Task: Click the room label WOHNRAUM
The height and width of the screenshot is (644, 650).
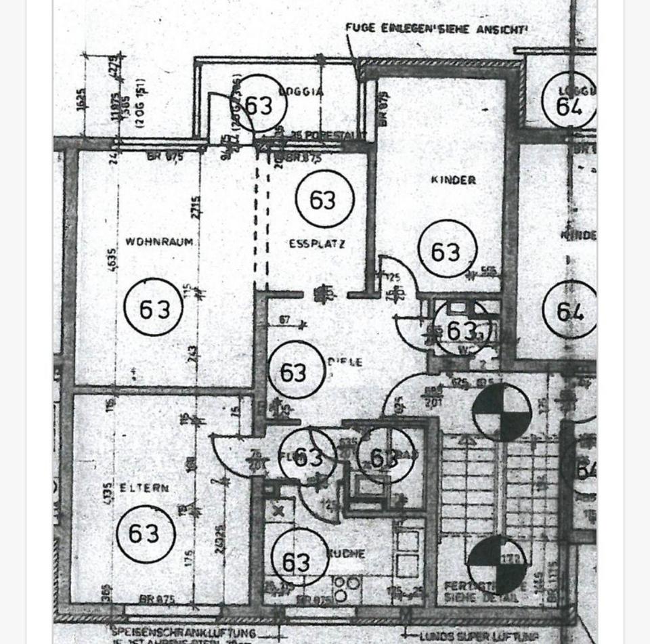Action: [159, 242]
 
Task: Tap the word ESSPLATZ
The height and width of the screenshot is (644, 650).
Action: [317, 244]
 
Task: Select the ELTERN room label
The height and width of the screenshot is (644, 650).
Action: [144, 488]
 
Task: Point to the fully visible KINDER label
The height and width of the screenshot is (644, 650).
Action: [453, 180]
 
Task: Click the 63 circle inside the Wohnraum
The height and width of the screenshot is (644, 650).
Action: [154, 307]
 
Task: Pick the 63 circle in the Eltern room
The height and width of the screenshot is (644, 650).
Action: [146, 534]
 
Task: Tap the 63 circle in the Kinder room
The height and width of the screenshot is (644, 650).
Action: [447, 251]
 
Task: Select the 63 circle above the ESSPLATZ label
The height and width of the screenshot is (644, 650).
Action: [324, 200]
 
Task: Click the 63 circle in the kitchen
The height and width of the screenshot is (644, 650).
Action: [299, 561]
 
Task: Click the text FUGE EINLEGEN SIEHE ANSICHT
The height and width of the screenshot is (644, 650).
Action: [436, 28]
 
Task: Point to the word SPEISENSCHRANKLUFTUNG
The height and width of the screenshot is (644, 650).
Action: [183, 634]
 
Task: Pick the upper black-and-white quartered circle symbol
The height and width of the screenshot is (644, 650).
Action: [501, 412]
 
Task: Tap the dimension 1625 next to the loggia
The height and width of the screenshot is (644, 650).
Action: [81, 98]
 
